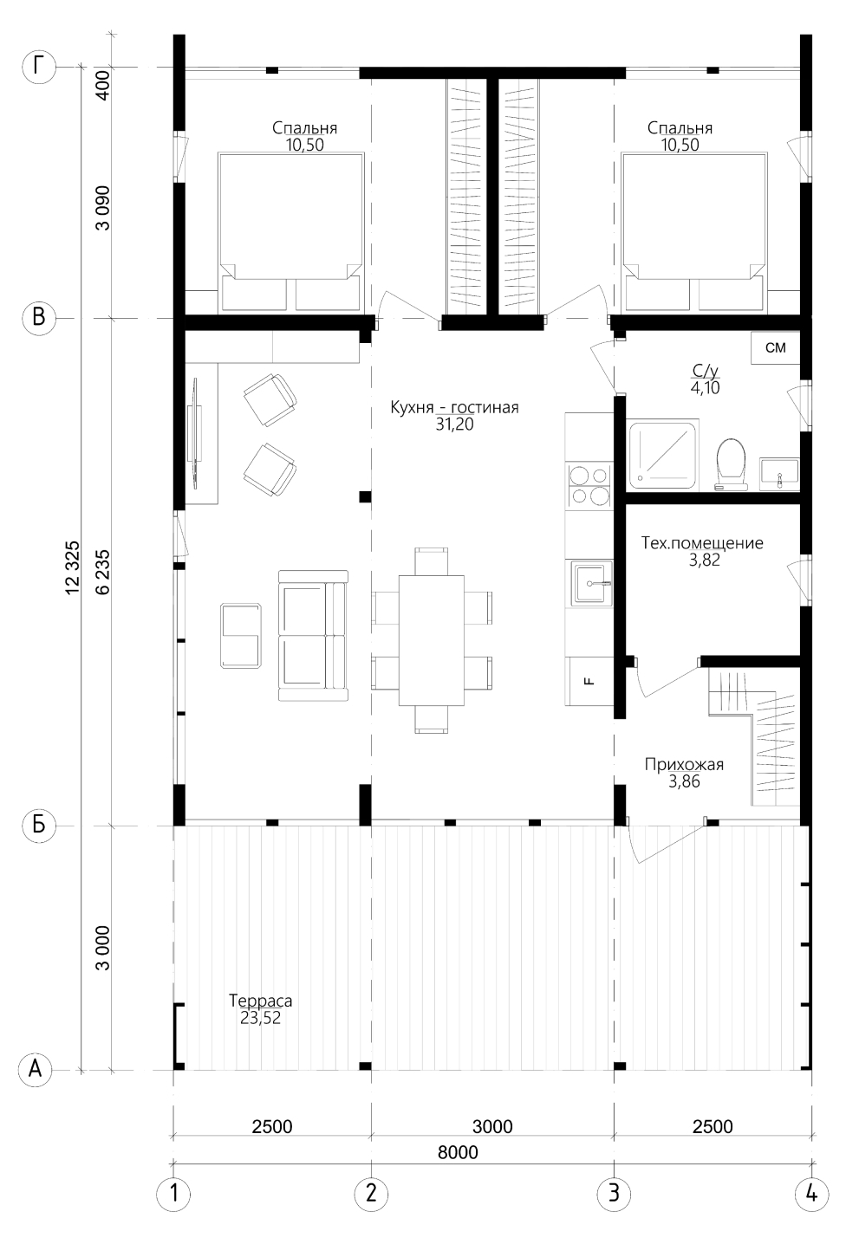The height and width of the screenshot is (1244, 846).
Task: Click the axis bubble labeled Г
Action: tap(39, 67)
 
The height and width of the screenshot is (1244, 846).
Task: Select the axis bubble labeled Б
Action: tap(39, 826)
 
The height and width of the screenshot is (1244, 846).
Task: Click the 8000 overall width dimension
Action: tap(458, 1153)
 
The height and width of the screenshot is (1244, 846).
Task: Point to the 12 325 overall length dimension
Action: tap(73, 567)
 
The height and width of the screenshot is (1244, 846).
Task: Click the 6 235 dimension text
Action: tap(103, 572)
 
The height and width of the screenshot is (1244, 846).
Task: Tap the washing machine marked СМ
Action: tap(776, 347)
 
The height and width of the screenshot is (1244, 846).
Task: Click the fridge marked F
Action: tap(589, 681)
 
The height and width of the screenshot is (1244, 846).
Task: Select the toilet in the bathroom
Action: tap(731, 465)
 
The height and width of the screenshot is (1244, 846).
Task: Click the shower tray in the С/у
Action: tap(662, 456)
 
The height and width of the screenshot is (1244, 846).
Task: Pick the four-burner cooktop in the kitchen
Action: tap(589, 485)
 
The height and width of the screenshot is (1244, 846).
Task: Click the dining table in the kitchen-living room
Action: tap(432, 640)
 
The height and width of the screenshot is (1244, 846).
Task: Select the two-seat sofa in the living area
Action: tap(313, 635)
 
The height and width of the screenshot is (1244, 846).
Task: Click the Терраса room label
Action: tap(260, 1001)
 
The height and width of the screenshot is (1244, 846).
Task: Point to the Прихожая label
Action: tap(684, 764)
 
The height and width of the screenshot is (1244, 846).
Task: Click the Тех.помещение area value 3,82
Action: tap(704, 560)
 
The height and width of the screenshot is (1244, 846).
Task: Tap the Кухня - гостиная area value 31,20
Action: tap(455, 424)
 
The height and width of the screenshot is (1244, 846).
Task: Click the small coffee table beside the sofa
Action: tap(241, 636)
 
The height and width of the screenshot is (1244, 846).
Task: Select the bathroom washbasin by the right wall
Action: tap(779, 474)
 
